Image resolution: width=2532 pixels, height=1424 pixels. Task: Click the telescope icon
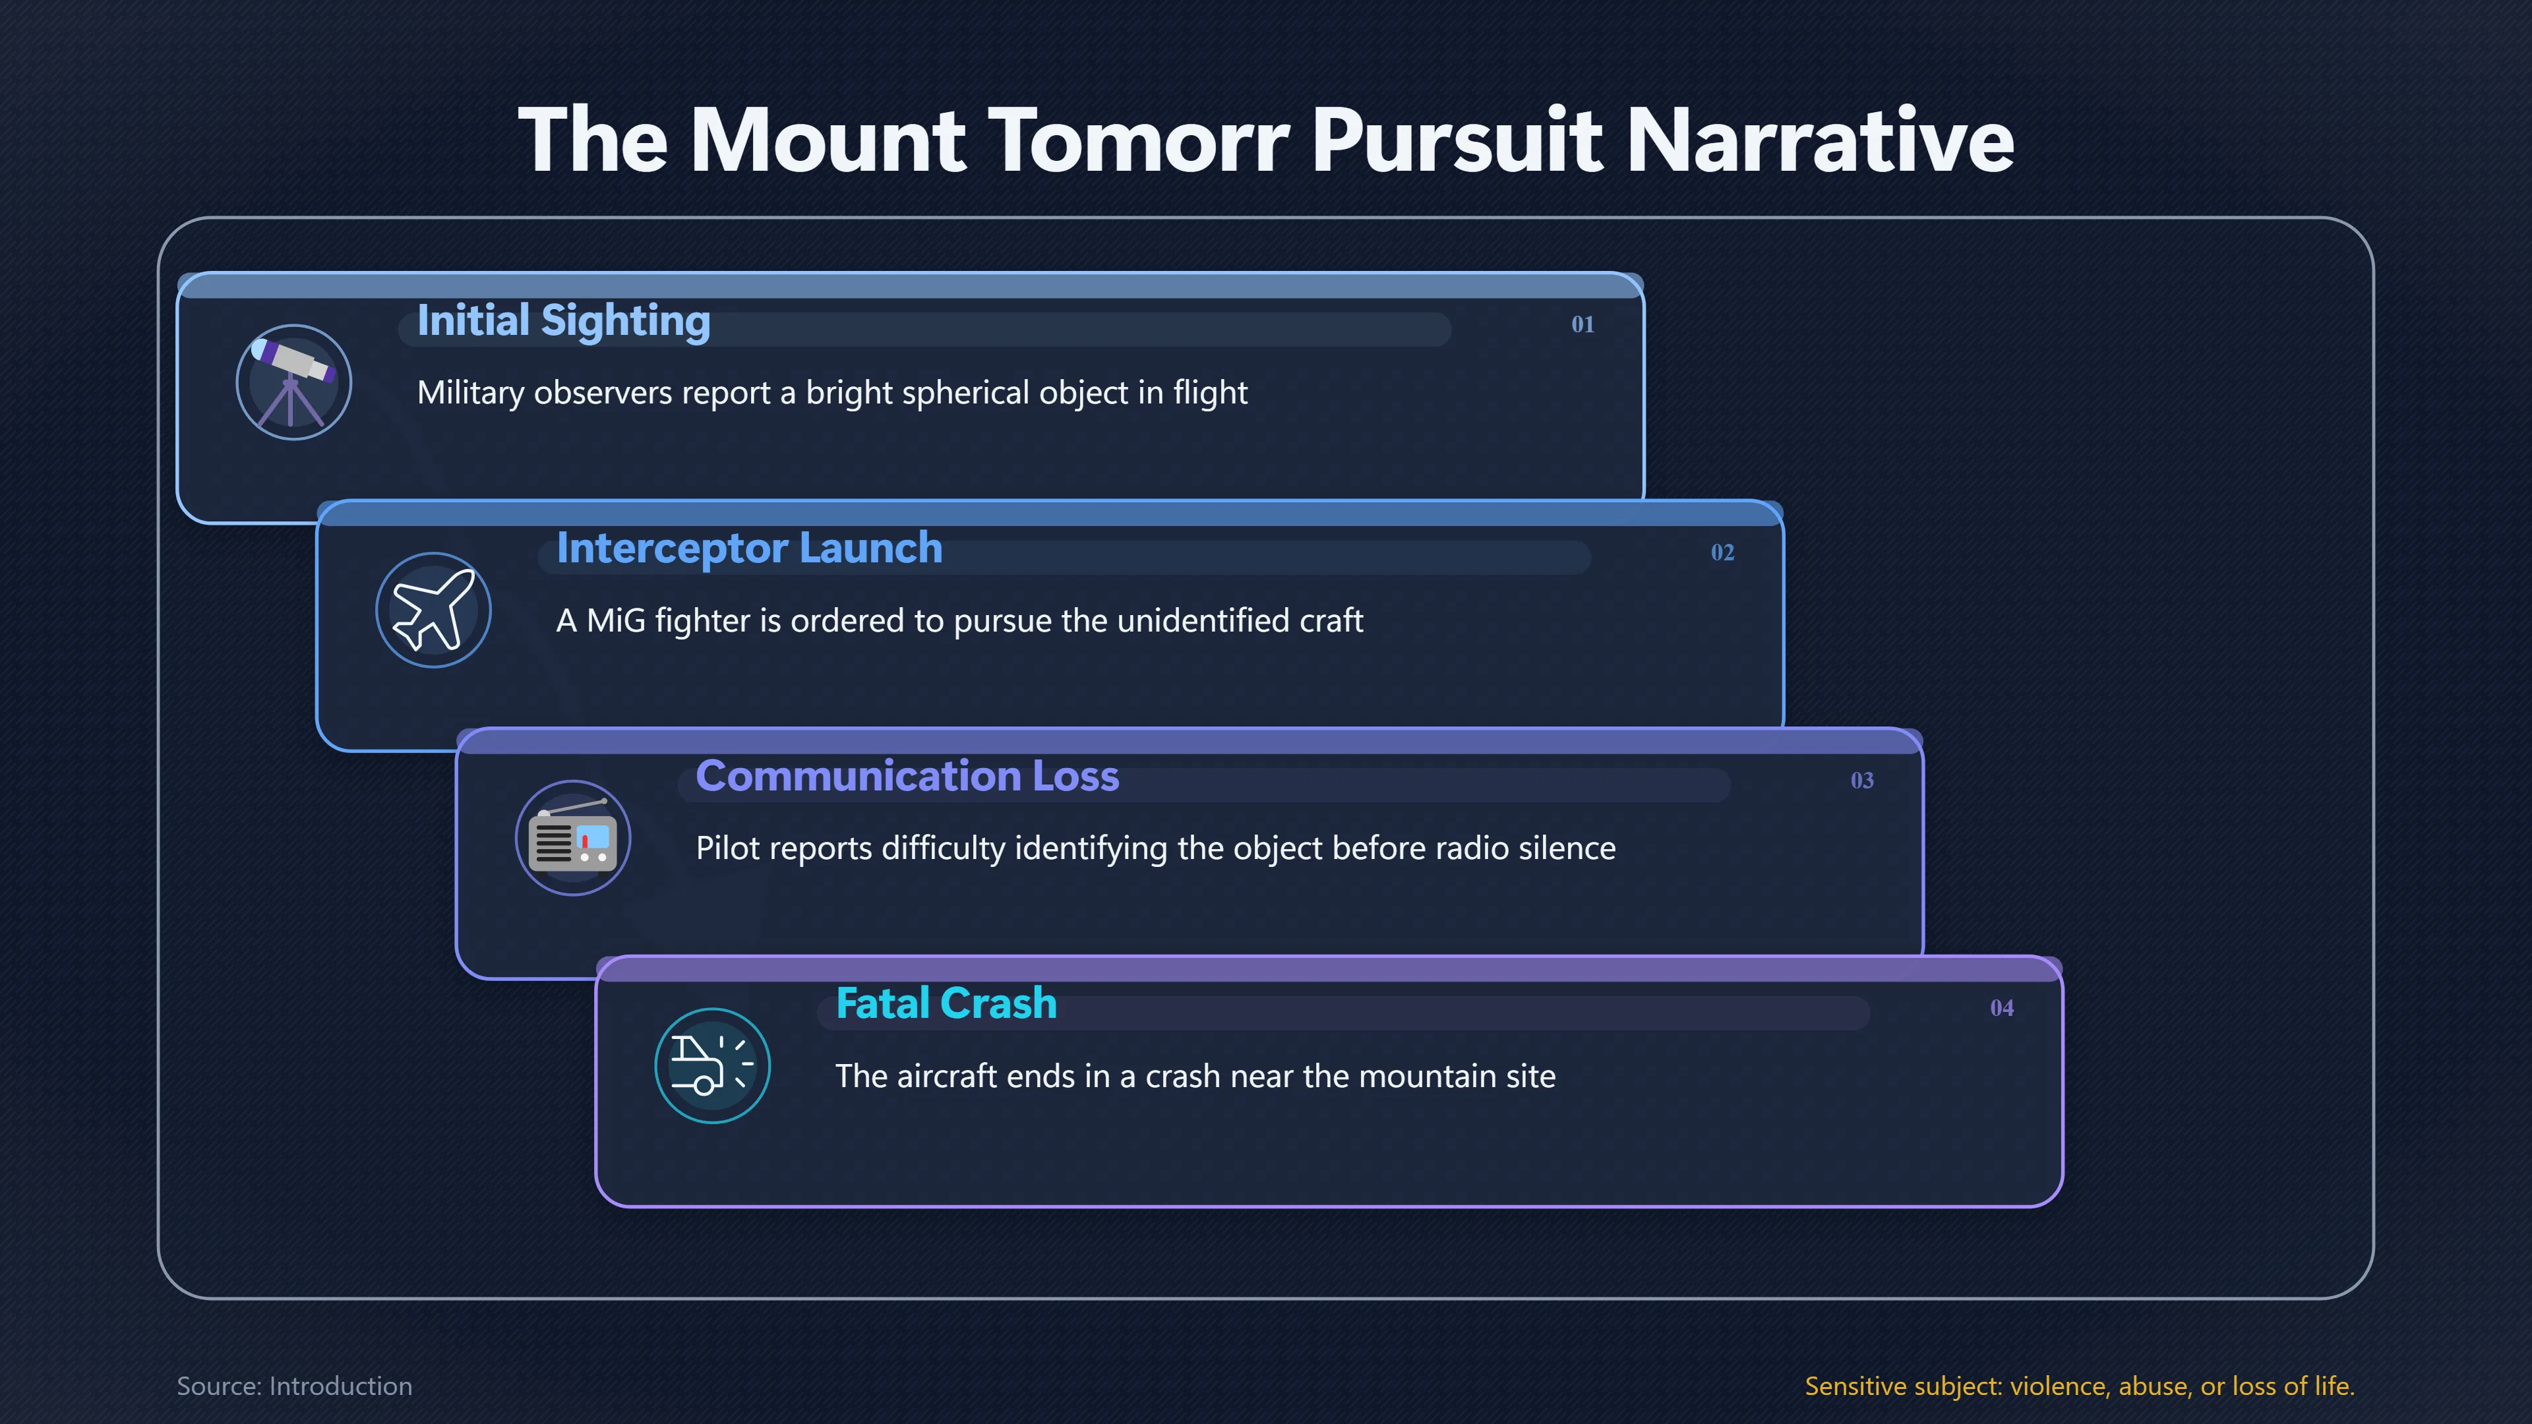pos(293,382)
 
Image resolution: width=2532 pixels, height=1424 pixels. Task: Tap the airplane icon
pos(433,610)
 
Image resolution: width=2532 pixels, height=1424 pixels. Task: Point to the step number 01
pos(1582,324)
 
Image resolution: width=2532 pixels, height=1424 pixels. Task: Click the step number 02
pos(1722,552)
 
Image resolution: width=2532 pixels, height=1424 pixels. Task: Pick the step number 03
pos(1861,781)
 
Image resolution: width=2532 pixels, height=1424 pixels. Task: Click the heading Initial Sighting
pos(563,321)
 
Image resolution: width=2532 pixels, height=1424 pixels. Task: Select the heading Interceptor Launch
pos(749,549)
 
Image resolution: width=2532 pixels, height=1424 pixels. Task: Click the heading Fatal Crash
pos(946,1003)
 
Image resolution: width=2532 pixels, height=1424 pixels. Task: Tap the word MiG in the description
pos(615,620)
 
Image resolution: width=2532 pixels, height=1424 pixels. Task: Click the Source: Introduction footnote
pos(294,1386)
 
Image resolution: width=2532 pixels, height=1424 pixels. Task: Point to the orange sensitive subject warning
pos(2080,1386)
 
